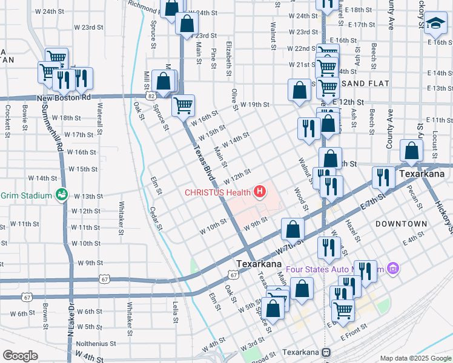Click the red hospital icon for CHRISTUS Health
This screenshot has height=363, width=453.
pos(260,192)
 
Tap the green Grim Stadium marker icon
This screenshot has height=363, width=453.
pos(61,195)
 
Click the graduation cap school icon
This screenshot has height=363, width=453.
pos(434,24)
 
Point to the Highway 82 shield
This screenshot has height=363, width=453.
pos(150,96)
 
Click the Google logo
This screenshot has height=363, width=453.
pos(20,356)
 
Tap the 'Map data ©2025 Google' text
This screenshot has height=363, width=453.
pos(415,358)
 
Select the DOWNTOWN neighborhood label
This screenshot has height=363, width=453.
pos(401,224)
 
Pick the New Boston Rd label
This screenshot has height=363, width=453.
pos(64,97)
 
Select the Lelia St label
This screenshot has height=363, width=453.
pos(176,312)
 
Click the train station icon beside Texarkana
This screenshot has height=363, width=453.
pos(326,352)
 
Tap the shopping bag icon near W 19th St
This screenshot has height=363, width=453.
pos(299,91)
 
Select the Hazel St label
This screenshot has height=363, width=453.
pos(352,230)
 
